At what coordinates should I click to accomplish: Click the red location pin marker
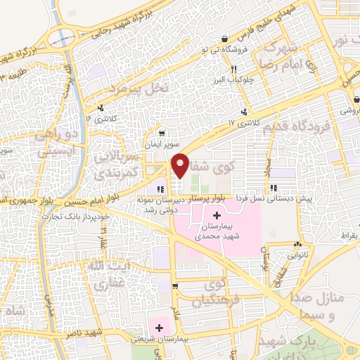pyautogui.click(x=180, y=165)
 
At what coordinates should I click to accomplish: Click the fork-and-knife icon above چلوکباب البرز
pyautogui.click(x=233, y=70)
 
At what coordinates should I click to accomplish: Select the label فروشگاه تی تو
pyautogui.click(x=224, y=51)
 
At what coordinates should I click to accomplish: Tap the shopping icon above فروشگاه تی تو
pyautogui.click(x=224, y=39)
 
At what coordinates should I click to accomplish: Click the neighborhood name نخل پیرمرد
pyautogui.click(x=137, y=87)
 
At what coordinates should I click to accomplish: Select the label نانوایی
pyautogui.click(x=296, y=257)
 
